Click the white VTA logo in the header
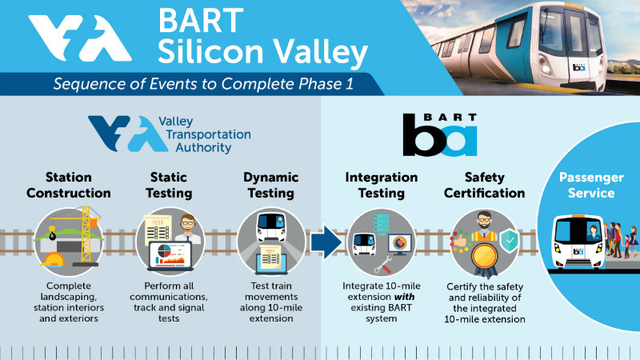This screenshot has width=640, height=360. tap(80, 38)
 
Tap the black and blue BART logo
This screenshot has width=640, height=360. tap(440, 134)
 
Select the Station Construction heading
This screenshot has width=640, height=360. tap(69, 185)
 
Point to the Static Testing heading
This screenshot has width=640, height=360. tap(169, 185)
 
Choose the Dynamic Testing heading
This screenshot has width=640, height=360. tap(271, 185)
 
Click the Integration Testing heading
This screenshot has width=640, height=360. tap(382, 185)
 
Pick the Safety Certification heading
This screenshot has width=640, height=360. tap(485, 185)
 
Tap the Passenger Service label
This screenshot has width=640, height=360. tap(591, 185)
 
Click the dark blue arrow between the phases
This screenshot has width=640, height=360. tap(326, 242)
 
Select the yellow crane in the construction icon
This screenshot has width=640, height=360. tap(85, 233)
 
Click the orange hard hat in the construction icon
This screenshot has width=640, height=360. tap(53, 259)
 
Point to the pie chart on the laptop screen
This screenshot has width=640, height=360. tap(165, 250)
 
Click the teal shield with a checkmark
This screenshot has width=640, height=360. tap(510, 241)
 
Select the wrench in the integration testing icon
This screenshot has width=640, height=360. tap(383, 265)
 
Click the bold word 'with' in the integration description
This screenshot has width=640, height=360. tap(405, 297)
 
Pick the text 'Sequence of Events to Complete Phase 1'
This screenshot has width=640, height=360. tap(203, 84)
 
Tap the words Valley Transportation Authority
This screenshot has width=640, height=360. tap(205, 134)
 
